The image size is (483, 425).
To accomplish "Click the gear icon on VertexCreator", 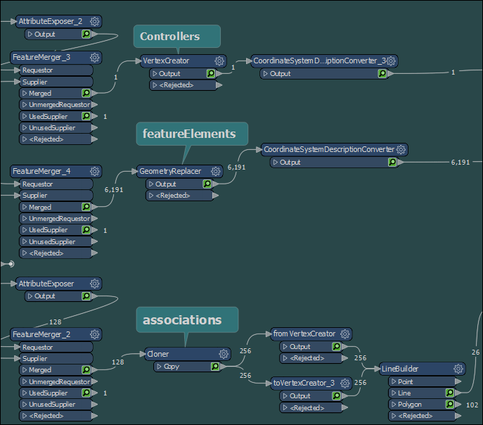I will [x=219, y=61].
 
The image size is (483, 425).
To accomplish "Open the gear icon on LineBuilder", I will [x=458, y=369].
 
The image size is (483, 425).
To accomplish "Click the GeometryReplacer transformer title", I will [x=170, y=172].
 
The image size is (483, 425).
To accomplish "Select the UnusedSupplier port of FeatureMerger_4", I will [x=53, y=241].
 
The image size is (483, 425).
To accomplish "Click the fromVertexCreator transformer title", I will [x=304, y=334].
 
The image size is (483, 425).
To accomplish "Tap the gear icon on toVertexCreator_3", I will [x=344, y=384].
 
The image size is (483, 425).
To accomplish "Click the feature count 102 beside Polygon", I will [x=472, y=405].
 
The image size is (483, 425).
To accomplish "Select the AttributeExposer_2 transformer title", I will [x=51, y=22].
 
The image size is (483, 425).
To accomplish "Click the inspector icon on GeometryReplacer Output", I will [x=207, y=184].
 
